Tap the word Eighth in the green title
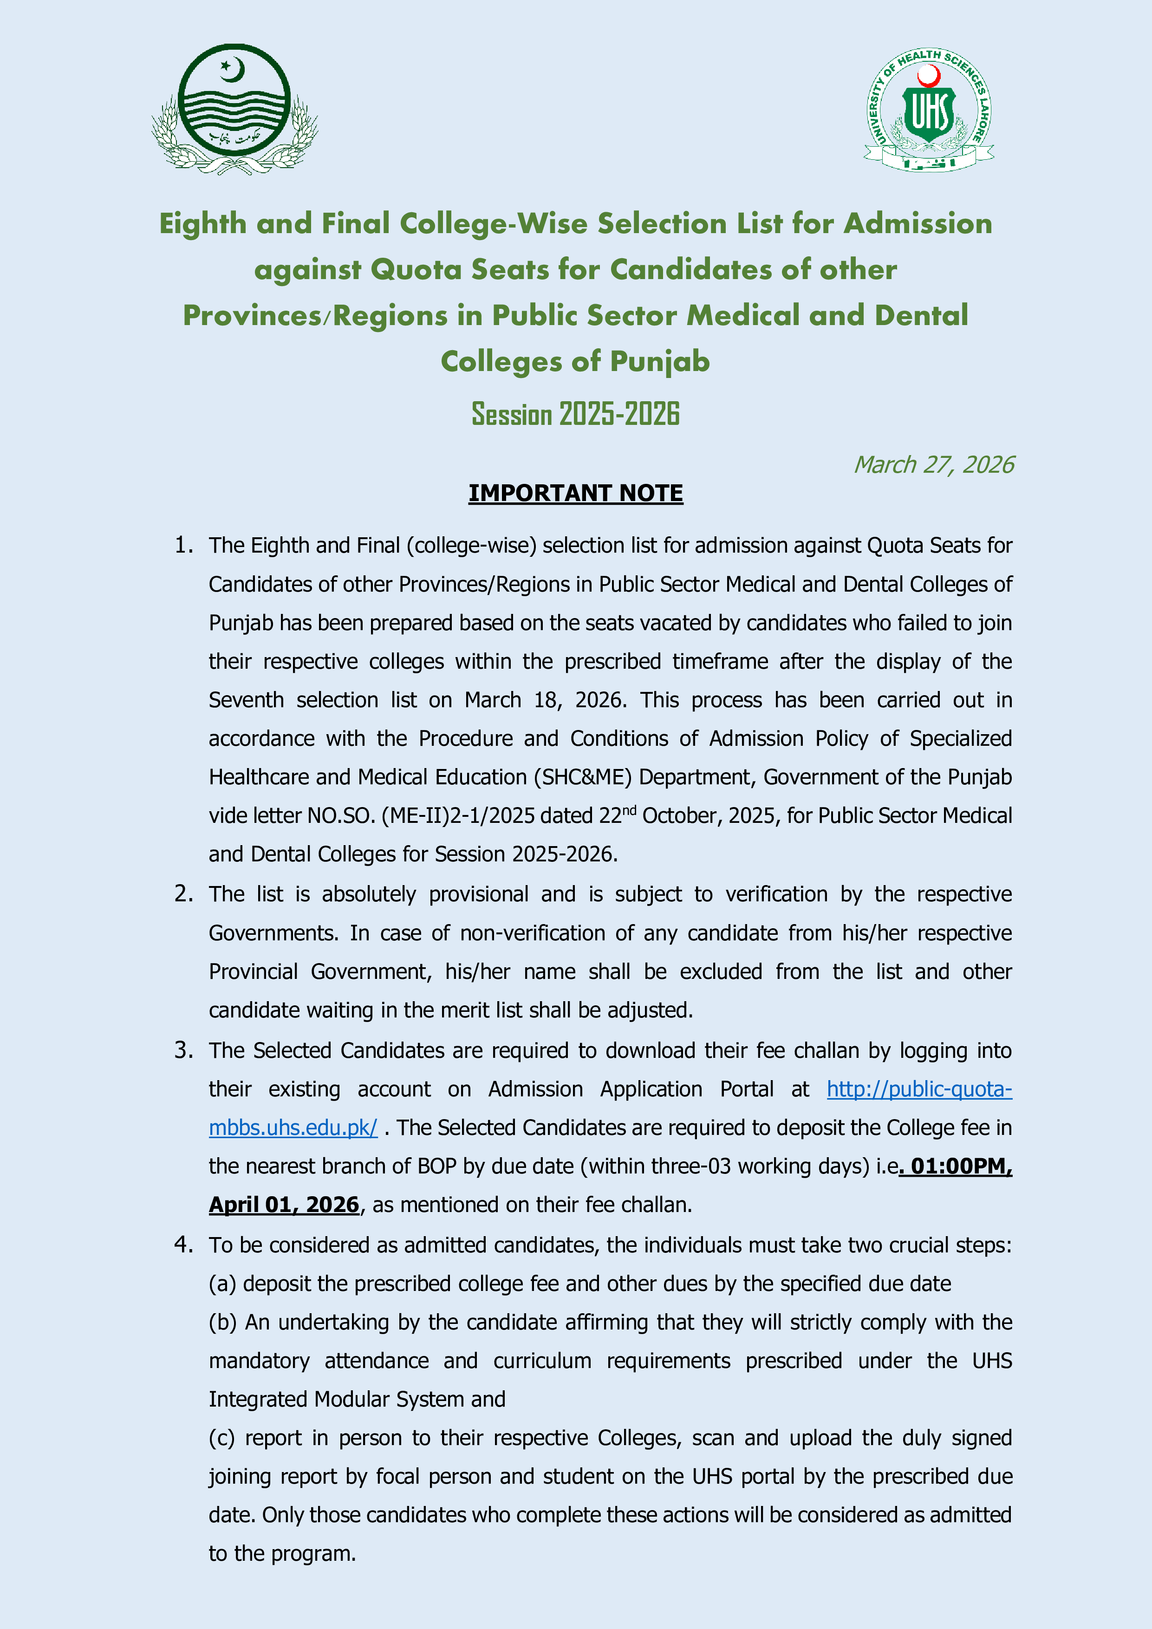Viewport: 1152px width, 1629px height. coord(202,224)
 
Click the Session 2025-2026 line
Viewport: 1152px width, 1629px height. coord(575,414)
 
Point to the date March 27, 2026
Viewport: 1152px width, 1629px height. coord(933,465)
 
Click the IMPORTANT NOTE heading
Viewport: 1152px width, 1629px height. coord(575,493)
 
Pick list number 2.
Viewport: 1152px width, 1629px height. coord(184,894)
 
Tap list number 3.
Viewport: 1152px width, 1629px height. coord(184,1050)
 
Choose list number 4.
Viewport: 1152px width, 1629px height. coord(184,1245)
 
